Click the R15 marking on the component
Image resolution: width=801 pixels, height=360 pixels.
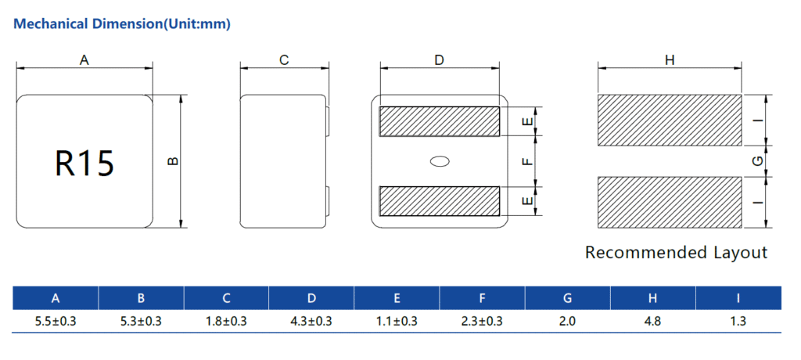click(84, 163)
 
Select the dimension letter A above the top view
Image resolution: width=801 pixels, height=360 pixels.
click(84, 60)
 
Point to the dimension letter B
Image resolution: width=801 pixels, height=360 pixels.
click(173, 161)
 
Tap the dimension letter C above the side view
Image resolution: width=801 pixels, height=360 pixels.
click(284, 60)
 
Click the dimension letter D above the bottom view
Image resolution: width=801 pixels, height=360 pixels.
click(440, 60)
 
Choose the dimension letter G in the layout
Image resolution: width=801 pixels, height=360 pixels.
click(759, 161)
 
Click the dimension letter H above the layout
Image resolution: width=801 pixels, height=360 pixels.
click(670, 60)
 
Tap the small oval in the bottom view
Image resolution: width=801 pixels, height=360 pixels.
click(440, 161)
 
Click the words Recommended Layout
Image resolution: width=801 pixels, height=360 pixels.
click(676, 253)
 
